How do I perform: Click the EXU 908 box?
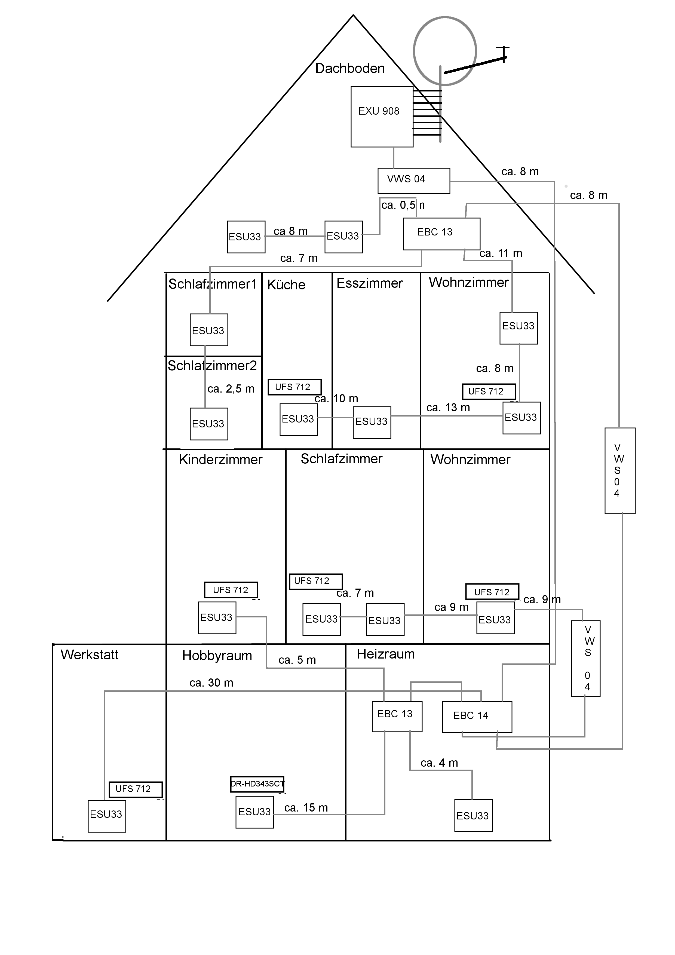382,117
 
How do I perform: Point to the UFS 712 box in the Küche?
294,387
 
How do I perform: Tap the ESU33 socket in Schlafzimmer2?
209,424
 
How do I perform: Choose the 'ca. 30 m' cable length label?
211,683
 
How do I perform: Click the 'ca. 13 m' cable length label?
448,408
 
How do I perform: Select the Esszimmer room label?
369,283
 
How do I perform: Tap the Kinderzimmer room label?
220,460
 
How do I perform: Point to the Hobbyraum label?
217,656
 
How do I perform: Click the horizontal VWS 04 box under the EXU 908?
413,180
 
